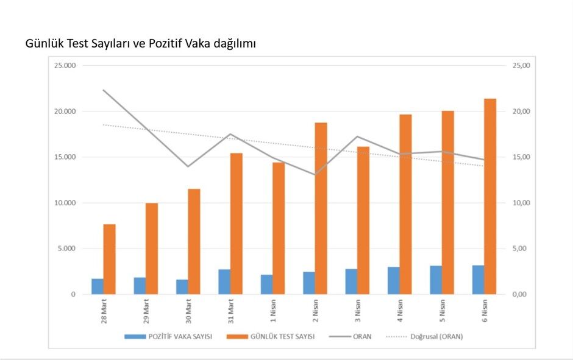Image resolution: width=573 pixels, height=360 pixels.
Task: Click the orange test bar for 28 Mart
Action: pos(109,259)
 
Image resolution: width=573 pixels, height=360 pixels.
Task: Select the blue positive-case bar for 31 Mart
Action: pos(224,281)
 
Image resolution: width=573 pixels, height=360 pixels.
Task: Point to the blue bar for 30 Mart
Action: pos(182,287)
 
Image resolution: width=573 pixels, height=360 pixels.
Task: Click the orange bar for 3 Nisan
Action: pos(363,220)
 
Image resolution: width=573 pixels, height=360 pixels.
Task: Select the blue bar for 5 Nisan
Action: pos(436,280)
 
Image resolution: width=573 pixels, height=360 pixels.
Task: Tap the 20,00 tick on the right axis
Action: pos(522,111)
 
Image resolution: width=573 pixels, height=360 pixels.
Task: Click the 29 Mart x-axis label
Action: pos(146,311)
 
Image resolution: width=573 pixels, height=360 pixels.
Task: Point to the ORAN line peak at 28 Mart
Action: pos(103,90)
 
